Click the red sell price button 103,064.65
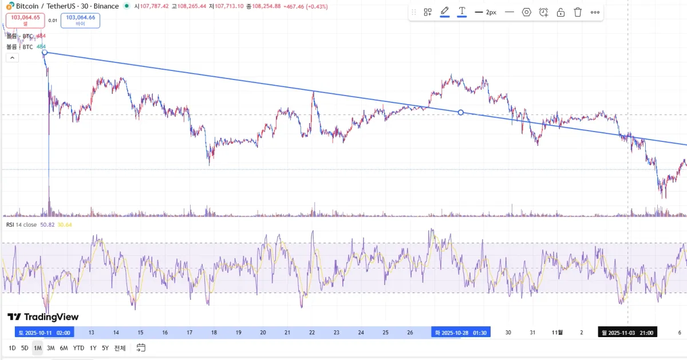(x=25, y=20)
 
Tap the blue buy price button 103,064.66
(x=80, y=20)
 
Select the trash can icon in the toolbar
(x=578, y=12)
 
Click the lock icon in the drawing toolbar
(x=560, y=12)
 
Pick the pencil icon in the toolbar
(x=444, y=11)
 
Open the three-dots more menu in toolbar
(x=595, y=12)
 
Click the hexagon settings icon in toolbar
(x=527, y=12)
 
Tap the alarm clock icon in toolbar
(x=543, y=12)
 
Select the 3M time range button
(x=50, y=348)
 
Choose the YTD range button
(x=78, y=348)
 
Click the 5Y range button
(x=105, y=348)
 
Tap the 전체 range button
(x=120, y=348)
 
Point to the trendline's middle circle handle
(x=461, y=112)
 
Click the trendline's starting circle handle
(x=45, y=53)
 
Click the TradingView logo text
(x=44, y=317)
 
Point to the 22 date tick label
(x=311, y=333)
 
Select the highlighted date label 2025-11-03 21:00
(x=627, y=333)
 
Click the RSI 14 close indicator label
(x=21, y=225)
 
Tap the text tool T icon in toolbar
(x=461, y=11)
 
